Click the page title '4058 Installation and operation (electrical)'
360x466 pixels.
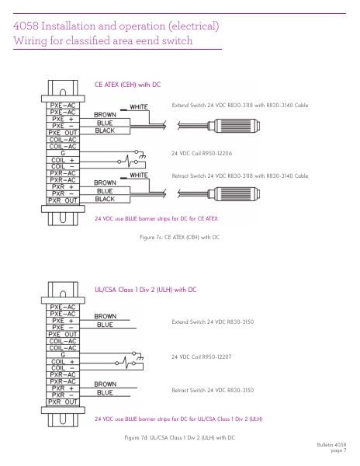[116, 26]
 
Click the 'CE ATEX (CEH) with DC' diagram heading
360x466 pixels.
[127, 85]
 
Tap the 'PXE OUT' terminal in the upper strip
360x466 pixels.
[63, 133]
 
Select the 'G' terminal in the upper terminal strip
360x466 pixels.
[63, 153]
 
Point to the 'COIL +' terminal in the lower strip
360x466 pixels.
[63, 362]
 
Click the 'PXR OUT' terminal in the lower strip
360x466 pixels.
[63, 402]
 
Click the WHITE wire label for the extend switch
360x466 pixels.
[139, 107]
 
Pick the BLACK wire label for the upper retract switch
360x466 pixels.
[105, 199]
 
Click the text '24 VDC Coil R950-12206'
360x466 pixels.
[202, 153]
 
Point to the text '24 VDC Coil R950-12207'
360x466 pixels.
[202, 356]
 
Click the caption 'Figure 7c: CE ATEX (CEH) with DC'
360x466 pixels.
[179, 237]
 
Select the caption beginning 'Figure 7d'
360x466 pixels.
[179, 437]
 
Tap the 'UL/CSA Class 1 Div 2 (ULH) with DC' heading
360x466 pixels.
[145, 290]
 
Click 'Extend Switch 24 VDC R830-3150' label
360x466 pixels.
[213, 322]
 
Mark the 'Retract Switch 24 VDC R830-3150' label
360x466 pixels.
[213, 390]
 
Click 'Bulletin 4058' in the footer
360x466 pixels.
[331, 445]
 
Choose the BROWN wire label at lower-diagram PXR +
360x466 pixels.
[106, 384]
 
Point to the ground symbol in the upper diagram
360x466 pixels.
[143, 155]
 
